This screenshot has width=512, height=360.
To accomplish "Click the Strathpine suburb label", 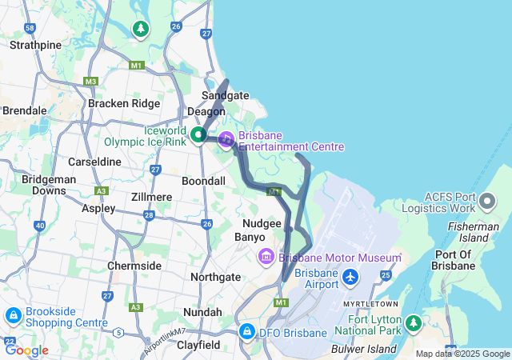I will [34, 45].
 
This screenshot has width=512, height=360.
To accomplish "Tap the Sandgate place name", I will [225, 95].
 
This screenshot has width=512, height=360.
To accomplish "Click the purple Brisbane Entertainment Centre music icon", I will [226, 139].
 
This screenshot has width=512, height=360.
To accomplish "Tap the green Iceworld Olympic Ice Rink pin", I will [198, 136].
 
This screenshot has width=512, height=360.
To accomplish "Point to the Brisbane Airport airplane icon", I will [350, 277].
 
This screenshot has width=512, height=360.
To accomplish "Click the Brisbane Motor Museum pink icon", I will [266, 257].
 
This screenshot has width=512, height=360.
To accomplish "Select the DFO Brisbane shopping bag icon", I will [247, 331].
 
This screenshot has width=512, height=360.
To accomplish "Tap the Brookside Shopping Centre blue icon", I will [13, 316].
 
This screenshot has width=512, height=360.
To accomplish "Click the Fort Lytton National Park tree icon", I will [414, 323].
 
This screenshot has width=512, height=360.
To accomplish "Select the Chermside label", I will [134, 266].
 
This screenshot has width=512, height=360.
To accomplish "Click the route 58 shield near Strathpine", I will [30, 28].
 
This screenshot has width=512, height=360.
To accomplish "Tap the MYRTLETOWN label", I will [372, 305].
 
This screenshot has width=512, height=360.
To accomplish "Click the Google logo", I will [26, 350].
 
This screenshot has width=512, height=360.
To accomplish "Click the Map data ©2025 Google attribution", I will [462, 354].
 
